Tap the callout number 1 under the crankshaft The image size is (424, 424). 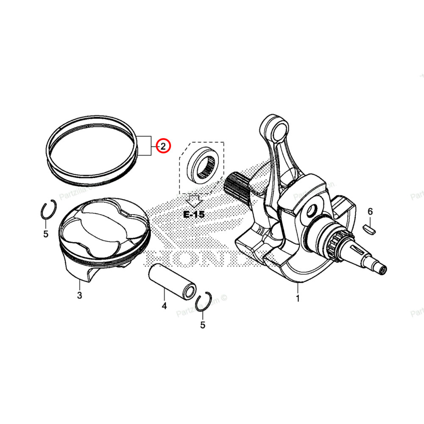(x=298, y=298)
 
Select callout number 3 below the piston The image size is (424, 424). (x=79, y=295)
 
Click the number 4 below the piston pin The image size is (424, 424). (x=164, y=305)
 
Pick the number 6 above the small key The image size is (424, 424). (x=370, y=211)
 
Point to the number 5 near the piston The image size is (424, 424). (x=46, y=234)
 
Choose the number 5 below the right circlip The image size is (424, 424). (x=203, y=325)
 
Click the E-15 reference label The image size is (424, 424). (x=194, y=215)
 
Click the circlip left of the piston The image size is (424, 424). (x=48, y=211)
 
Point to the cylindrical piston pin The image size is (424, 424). (x=172, y=280)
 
